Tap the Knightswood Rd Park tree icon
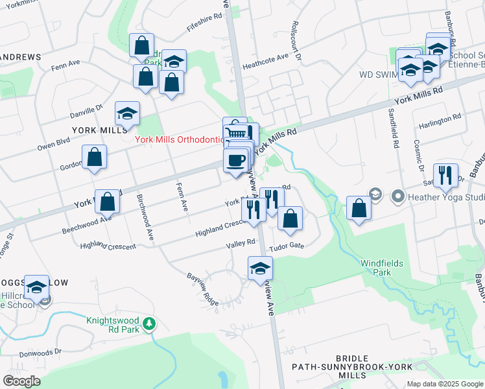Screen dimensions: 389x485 [x=150, y=324]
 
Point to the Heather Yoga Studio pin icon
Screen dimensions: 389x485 [x=396, y=195]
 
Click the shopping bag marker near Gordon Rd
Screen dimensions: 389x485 [x=95, y=158]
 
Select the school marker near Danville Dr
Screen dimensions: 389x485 [x=128, y=113]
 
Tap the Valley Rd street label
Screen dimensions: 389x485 [x=241, y=244]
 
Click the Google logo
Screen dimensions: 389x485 [x=22, y=381]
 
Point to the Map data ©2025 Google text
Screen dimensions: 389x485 [x=444, y=384]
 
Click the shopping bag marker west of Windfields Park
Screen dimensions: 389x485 [x=359, y=209]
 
